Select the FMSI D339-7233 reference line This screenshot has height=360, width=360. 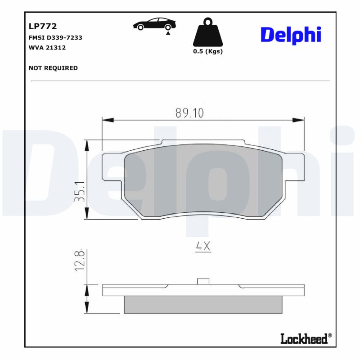pyautogui.click(x=55, y=38)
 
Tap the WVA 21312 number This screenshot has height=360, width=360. pyautogui.click(x=47, y=47)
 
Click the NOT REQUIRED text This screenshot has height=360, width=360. pyautogui.click(x=53, y=68)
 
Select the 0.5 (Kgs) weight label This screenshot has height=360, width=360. pyautogui.click(x=208, y=51)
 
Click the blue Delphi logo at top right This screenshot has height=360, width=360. pyautogui.click(x=291, y=35)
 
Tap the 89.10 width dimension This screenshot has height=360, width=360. pyautogui.click(x=189, y=113)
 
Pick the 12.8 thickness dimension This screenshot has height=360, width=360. pyautogui.click(x=80, y=260)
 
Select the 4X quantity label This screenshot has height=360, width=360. pyautogui.click(x=203, y=246)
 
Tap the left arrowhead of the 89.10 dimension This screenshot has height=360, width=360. pyautogui.click(x=108, y=120)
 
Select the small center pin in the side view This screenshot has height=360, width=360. pyautogui.click(x=204, y=281)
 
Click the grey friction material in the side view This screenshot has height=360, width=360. pyautogui.click(x=203, y=305)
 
